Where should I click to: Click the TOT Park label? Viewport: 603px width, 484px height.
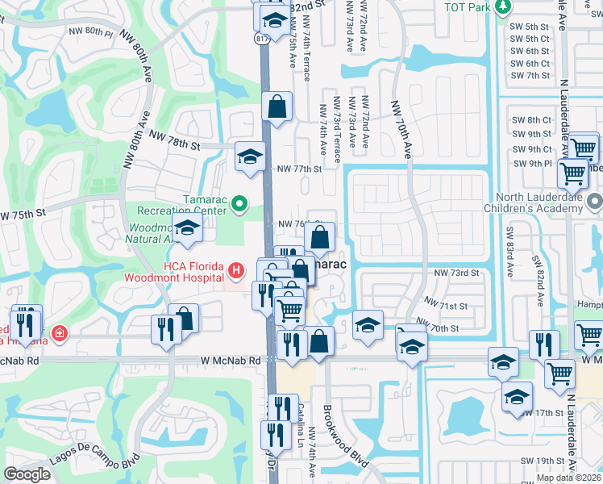[468, 7]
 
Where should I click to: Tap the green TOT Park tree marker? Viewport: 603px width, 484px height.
[504, 7]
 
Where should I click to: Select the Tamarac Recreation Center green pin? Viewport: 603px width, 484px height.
[239, 205]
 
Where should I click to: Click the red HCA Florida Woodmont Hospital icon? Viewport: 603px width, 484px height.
[235, 270]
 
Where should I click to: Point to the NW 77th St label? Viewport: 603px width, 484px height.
[299, 169]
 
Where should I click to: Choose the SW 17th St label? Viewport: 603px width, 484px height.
[542, 413]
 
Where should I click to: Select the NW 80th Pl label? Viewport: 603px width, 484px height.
[90, 31]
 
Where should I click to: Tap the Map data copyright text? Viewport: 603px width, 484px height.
[569, 478]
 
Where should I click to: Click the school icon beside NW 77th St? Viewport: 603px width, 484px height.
[250, 156]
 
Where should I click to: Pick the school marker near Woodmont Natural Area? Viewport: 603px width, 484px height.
[187, 230]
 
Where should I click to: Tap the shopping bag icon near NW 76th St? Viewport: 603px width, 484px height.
[320, 238]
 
